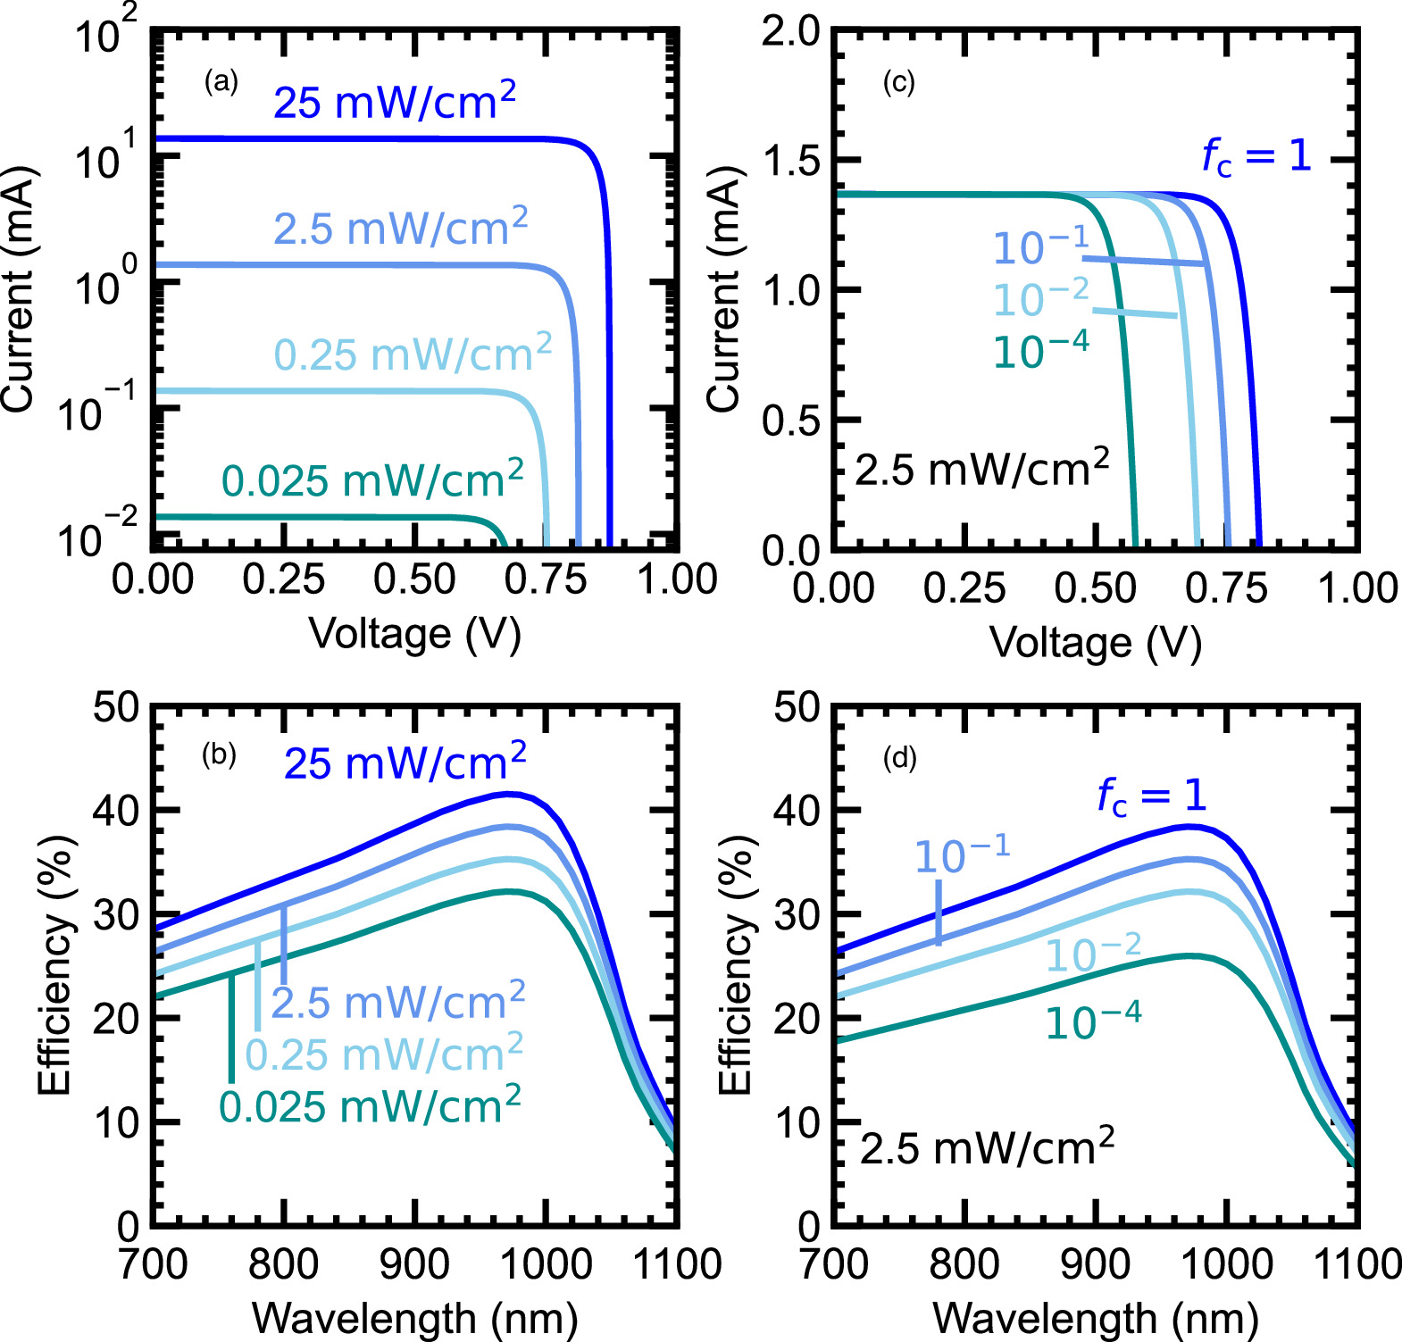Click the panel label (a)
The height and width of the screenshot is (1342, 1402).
221,82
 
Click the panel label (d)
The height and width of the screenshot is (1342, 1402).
899,758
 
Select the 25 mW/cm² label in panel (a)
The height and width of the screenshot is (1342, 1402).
394,101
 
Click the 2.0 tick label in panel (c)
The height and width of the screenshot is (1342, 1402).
790,31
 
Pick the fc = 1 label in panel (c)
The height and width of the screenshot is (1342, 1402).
1256,156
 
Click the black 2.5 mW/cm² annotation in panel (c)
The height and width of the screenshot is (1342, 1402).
981,468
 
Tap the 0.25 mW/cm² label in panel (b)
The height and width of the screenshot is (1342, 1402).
384,1054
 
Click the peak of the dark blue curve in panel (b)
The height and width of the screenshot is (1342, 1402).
509,793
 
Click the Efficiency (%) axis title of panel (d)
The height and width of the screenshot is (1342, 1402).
737,965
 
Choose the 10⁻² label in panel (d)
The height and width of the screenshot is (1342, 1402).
1092,954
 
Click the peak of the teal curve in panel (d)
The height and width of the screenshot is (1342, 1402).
1190,955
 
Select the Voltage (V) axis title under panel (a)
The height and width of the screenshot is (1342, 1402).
414,634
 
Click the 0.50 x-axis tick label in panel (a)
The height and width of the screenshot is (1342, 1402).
414,579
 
